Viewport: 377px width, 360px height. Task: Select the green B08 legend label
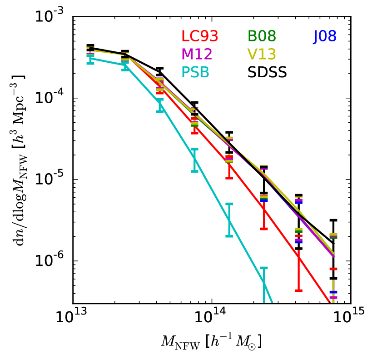[262, 36]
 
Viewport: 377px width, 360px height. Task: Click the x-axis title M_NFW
[210, 340]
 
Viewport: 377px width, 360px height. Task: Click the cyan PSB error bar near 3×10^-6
[229, 220]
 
